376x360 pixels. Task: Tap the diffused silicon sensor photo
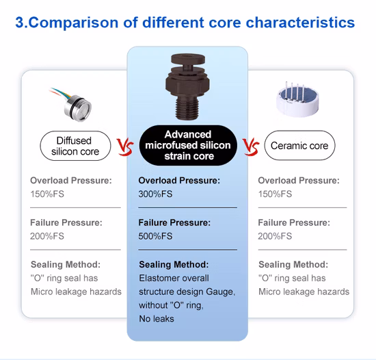[x=72, y=105]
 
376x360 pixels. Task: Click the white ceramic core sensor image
[x=297, y=99]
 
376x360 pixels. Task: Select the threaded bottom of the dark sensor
[x=187, y=107]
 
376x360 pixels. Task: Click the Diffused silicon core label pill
[x=75, y=146]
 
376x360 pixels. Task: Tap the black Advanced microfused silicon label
[x=188, y=145]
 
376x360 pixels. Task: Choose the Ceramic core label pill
[x=299, y=146]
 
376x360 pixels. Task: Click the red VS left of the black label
[x=125, y=146]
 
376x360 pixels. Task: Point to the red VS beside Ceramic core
[x=251, y=146]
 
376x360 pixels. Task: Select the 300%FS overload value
[x=155, y=194]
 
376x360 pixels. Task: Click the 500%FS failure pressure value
[x=155, y=236]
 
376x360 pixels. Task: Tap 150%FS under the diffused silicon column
[x=47, y=194]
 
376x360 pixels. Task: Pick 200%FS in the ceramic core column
[x=275, y=236]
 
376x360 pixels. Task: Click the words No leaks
[x=157, y=319]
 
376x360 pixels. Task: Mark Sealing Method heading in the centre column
[x=174, y=264]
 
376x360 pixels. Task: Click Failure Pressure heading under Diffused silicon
[x=66, y=222]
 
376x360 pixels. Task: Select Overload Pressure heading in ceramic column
[x=299, y=181]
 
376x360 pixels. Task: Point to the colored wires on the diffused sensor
[x=60, y=93]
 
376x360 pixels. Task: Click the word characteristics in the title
[x=300, y=23]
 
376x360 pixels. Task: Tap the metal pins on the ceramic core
[x=295, y=91]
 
